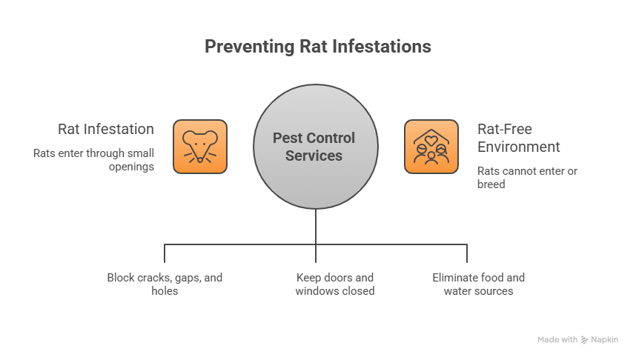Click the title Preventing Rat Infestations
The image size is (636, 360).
[317, 47]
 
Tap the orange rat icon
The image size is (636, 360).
[199, 147]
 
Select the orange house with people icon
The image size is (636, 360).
[431, 147]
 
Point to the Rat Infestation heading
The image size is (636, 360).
[106, 129]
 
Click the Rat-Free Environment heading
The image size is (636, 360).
[518, 138]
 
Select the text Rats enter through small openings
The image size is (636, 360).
[93, 160]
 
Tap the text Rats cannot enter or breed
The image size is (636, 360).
[527, 177]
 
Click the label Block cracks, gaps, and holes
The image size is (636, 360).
[165, 284]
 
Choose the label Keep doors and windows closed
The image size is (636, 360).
[334, 284]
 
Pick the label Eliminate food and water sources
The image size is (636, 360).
[478, 284]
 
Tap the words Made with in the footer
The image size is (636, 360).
[557, 339]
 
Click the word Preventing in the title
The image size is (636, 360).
[248, 47]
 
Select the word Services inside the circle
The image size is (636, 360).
[314, 156]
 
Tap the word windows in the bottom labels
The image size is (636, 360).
[316, 291]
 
